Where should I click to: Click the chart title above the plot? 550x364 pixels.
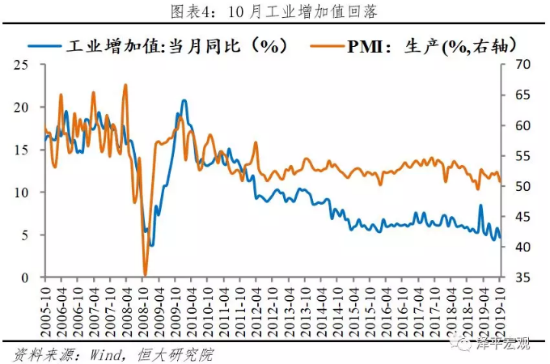tap(274, 11)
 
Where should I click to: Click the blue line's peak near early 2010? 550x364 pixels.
tap(184, 100)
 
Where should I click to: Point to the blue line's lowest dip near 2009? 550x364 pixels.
tap(150, 244)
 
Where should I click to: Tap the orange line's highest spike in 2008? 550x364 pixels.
tap(125, 84)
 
